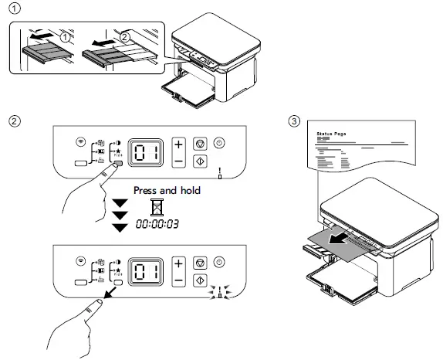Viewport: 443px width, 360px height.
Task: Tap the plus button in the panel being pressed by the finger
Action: point(178,144)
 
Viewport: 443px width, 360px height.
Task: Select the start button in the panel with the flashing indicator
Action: point(199,283)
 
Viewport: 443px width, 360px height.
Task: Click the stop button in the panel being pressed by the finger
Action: point(199,143)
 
